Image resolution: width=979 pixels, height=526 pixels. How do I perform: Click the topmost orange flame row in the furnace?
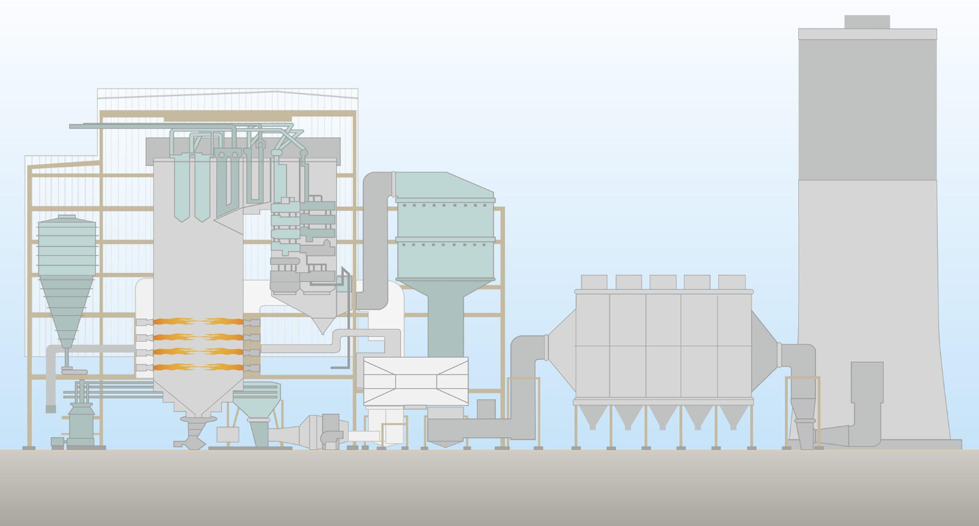tap(198, 322)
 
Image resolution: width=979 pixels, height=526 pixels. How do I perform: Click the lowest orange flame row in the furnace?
tap(198, 366)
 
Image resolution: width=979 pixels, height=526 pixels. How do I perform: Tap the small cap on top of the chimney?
tap(866, 21)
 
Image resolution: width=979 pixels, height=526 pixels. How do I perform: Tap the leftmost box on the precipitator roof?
tap(594, 282)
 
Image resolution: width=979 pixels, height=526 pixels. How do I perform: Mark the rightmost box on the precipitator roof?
tap(732, 282)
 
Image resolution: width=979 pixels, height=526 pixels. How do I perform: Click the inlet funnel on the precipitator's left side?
tap(562, 348)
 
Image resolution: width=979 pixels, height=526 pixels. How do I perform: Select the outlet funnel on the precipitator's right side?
tap(764, 348)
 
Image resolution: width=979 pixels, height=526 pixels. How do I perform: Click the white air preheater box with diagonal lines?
tap(415, 380)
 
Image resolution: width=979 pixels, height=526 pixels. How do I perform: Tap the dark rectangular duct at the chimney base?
tap(867, 382)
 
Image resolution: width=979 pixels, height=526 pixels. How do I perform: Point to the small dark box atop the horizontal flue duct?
tap(485, 409)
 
